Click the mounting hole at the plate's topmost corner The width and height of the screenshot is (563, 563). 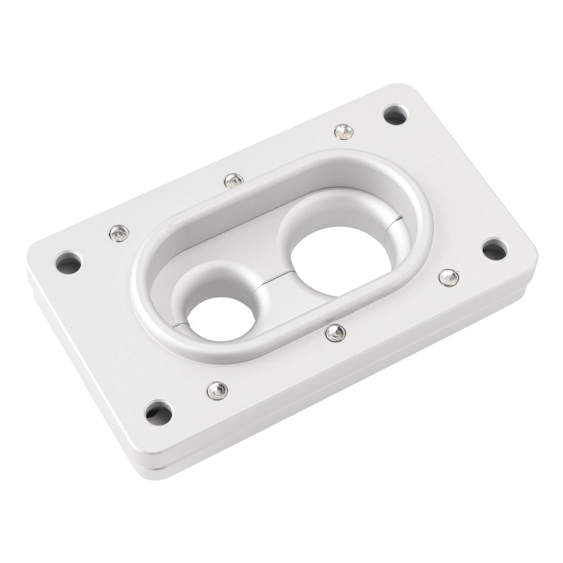(x=396, y=115)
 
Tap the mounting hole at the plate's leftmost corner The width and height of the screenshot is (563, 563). (x=69, y=263)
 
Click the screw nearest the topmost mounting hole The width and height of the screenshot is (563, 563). (x=344, y=131)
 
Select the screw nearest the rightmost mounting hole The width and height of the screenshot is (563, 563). (x=449, y=278)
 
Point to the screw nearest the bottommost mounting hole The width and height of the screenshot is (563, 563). (x=217, y=390)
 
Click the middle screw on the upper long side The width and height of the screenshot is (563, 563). (x=233, y=180)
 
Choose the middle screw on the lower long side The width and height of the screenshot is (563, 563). (x=335, y=332)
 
